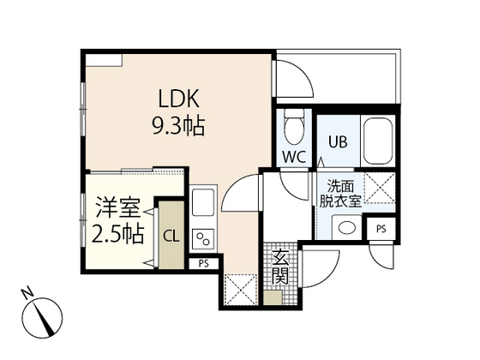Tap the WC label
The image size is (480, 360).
(291, 157)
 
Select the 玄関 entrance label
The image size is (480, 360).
(281, 267)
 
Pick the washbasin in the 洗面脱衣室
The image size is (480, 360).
(346, 227)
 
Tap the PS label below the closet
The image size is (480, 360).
(204, 264)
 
